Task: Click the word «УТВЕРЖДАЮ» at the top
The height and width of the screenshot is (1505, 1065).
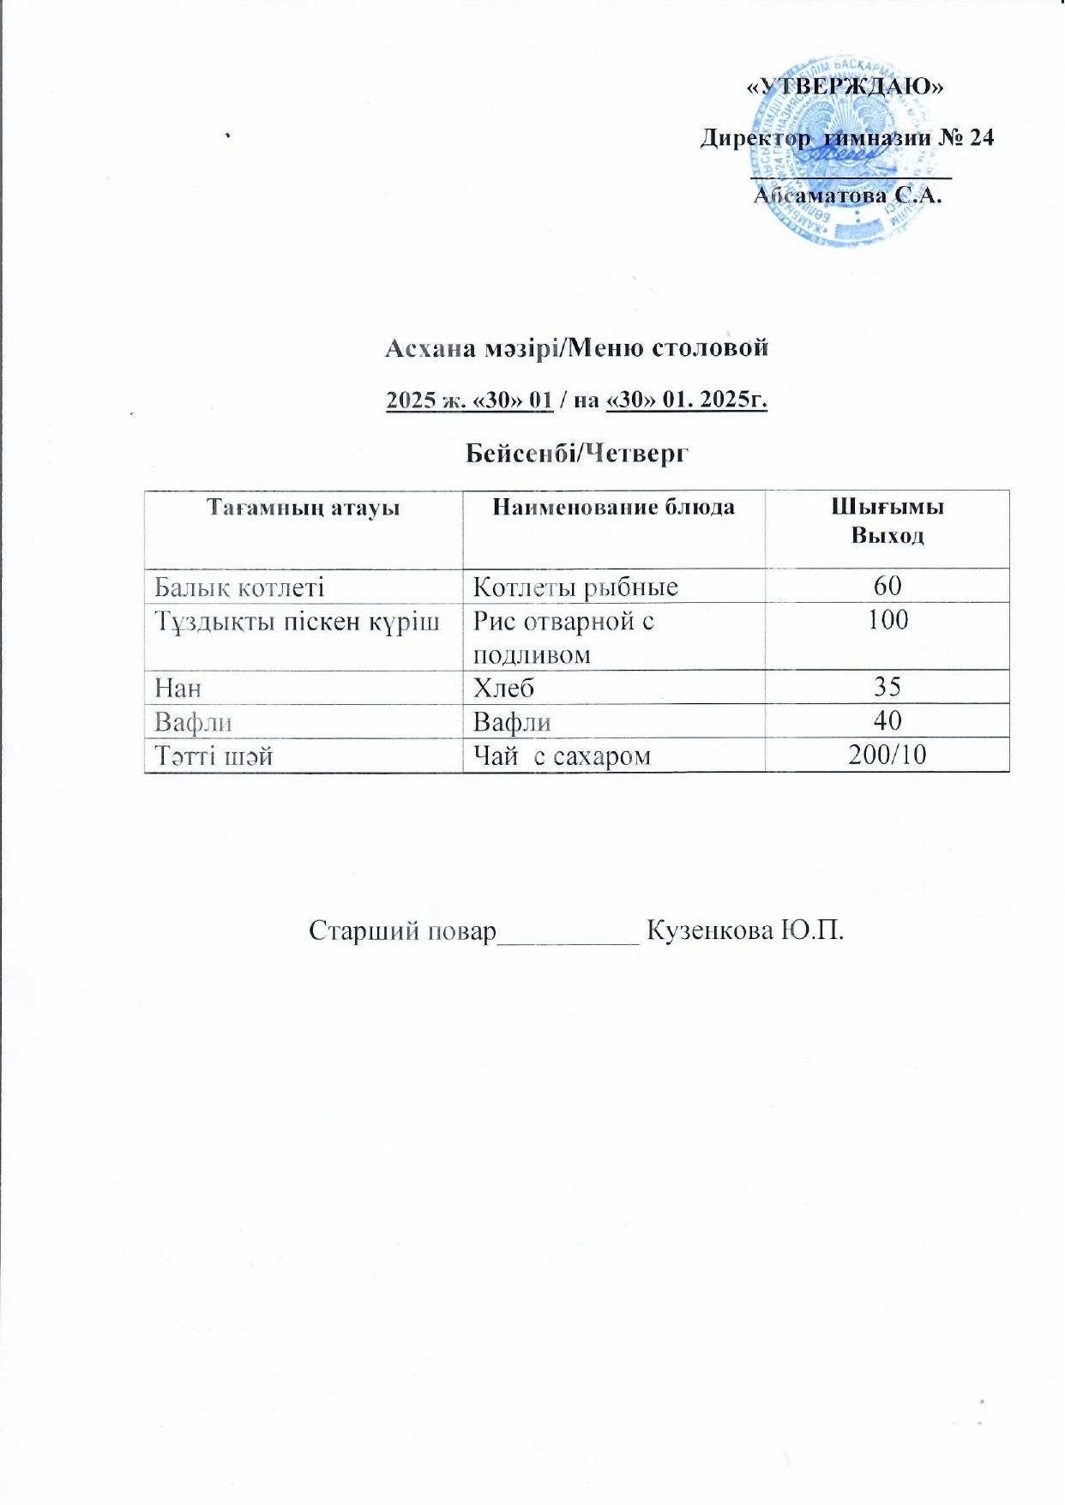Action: [845, 86]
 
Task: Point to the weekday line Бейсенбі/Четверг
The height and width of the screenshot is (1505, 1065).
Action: [577, 453]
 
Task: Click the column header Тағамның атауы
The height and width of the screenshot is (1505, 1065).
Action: [304, 508]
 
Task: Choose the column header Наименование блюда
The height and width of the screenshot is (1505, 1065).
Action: [613, 507]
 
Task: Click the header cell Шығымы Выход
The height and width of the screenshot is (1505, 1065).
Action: [887, 521]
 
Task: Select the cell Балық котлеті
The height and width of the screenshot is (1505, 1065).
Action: [239, 587]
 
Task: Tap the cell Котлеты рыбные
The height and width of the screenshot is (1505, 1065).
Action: [575, 587]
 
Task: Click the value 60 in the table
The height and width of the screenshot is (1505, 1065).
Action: [887, 586]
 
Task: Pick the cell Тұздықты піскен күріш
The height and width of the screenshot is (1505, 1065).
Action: [297, 621]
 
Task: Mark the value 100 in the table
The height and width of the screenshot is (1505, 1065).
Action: [887, 620]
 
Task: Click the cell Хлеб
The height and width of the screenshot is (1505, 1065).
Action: [504, 687]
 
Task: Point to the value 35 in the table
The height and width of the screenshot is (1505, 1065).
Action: [887, 687]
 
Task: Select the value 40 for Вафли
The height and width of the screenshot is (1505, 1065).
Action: [887, 720]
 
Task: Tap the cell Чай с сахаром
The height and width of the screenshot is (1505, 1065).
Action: [562, 756]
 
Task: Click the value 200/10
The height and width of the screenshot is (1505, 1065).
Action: [887, 755]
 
